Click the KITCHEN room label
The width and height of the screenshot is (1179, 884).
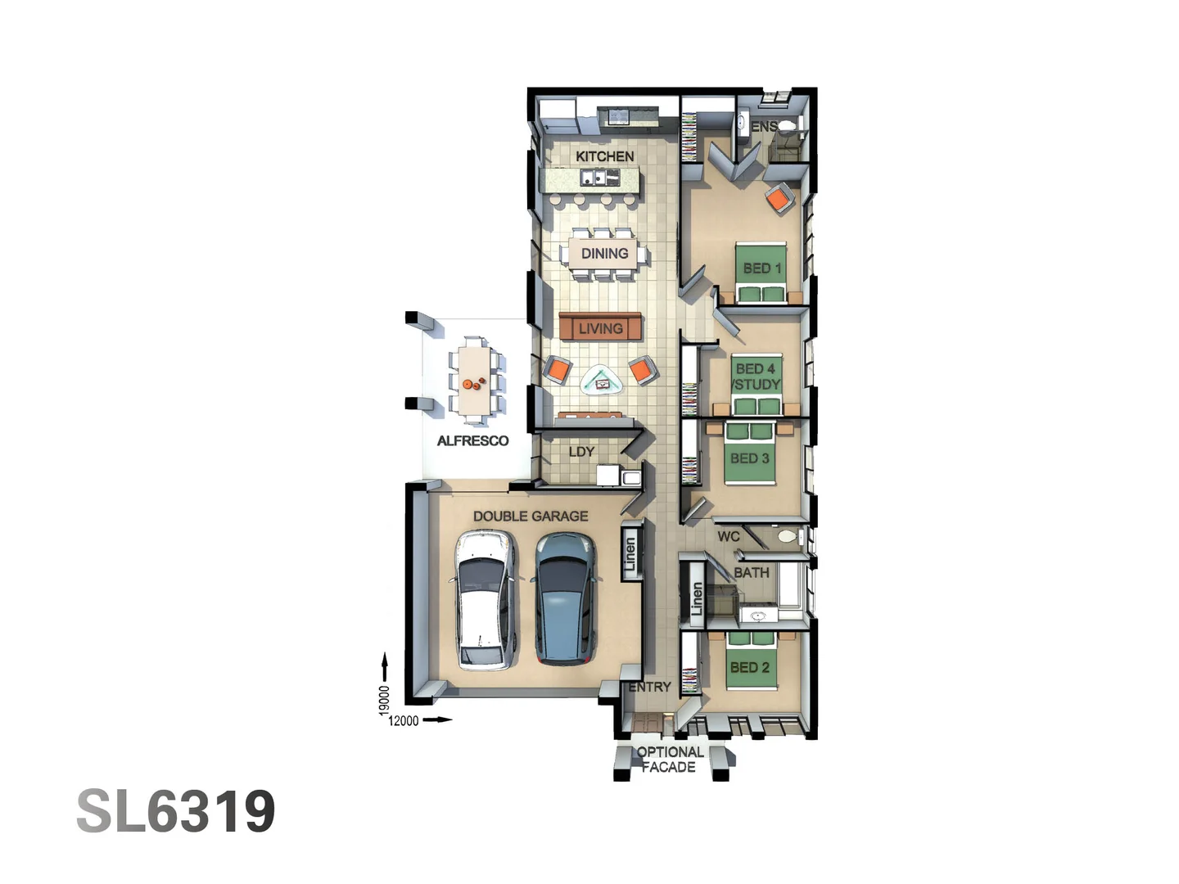(x=604, y=156)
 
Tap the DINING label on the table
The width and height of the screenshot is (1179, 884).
(x=604, y=254)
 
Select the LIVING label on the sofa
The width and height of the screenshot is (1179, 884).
(x=600, y=329)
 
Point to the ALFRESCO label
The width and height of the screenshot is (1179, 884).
(x=472, y=441)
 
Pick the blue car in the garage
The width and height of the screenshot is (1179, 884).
(x=564, y=598)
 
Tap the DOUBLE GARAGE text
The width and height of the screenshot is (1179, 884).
(x=531, y=516)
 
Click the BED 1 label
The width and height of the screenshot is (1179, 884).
(x=761, y=268)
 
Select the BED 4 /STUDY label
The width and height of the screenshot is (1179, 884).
(x=756, y=377)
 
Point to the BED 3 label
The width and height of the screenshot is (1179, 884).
(x=749, y=458)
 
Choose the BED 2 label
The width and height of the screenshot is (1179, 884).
(x=749, y=668)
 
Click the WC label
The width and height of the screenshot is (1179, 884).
(x=728, y=537)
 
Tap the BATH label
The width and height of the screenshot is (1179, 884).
(x=751, y=573)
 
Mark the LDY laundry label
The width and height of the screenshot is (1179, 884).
(x=581, y=452)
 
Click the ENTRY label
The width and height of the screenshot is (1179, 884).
(x=650, y=688)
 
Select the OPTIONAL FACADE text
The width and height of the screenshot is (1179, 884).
(x=669, y=760)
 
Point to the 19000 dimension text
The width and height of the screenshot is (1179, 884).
(x=384, y=701)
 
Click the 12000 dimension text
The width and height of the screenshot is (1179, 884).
(x=403, y=721)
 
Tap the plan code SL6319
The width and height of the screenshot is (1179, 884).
(x=176, y=812)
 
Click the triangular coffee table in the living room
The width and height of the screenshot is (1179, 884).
(x=602, y=380)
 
